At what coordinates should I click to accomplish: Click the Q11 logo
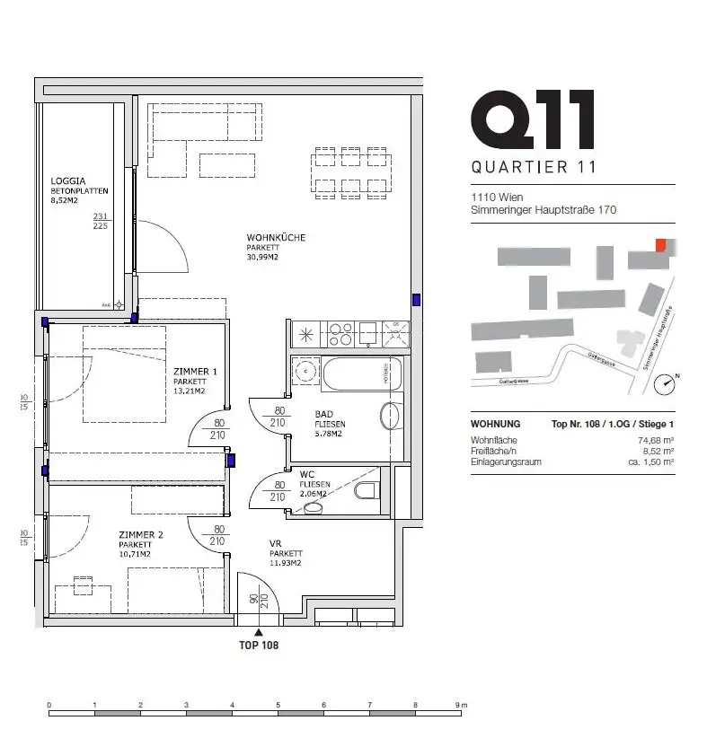click(x=532, y=119)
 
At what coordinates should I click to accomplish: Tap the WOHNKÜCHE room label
click(x=276, y=238)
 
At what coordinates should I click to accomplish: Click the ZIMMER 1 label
click(x=195, y=371)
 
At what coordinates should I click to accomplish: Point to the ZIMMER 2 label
click(x=140, y=535)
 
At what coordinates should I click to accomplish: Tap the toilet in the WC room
click(x=367, y=490)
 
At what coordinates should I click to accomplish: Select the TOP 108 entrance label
click(x=258, y=645)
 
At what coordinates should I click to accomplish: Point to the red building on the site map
click(x=661, y=245)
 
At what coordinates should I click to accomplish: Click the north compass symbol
click(x=665, y=384)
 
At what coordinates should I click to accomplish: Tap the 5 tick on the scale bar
click(x=278, y=705)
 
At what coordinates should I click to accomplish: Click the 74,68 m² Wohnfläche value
click(x=656, y=440)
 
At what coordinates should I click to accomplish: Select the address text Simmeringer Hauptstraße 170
click(x=544, y=210)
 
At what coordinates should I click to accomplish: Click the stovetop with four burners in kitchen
click(x=340, y=334)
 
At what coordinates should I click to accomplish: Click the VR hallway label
click(x=276, y=544)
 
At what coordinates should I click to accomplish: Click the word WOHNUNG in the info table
click(x=495, y=424)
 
